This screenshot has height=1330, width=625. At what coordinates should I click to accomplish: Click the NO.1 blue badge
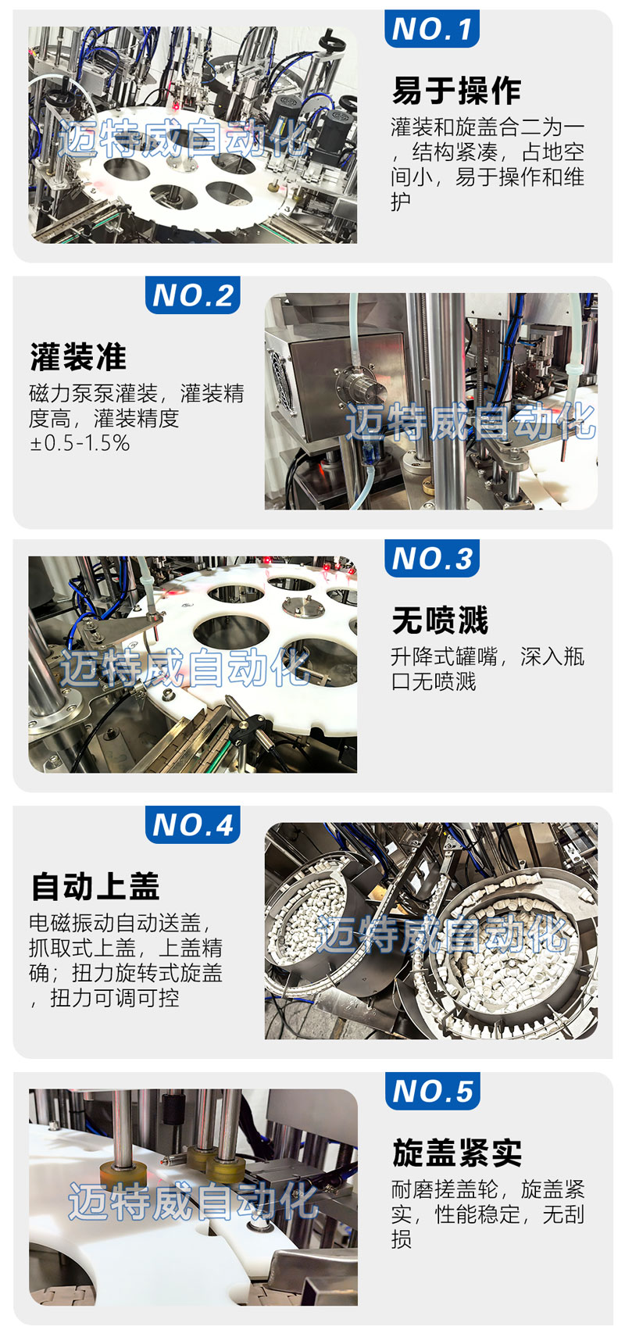(431, 28)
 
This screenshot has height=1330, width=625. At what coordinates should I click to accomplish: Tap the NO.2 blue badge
(192, 295)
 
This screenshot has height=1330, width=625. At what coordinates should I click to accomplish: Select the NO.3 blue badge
(431, 558)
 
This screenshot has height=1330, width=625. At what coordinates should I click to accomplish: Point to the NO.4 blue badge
(192, 824)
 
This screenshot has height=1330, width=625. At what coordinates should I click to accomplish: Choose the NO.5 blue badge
(432, 1091)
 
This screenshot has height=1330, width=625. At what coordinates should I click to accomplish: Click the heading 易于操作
(456, 91)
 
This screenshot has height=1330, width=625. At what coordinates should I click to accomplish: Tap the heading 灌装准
(78, 357)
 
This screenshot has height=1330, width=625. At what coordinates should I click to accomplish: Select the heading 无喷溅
(440, 620)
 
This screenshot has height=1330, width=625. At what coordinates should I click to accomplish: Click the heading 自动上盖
(95, 886)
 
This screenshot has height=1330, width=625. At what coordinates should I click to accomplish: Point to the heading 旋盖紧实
(457, 1153)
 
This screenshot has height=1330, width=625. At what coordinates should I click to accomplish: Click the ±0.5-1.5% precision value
(80, 443)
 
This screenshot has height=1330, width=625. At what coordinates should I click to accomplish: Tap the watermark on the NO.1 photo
(183, 138)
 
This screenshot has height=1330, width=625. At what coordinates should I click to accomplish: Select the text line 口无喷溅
(434, 681)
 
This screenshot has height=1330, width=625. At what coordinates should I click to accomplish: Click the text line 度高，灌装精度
(104, 419)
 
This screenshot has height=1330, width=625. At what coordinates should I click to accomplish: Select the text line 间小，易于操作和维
(488, 177)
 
